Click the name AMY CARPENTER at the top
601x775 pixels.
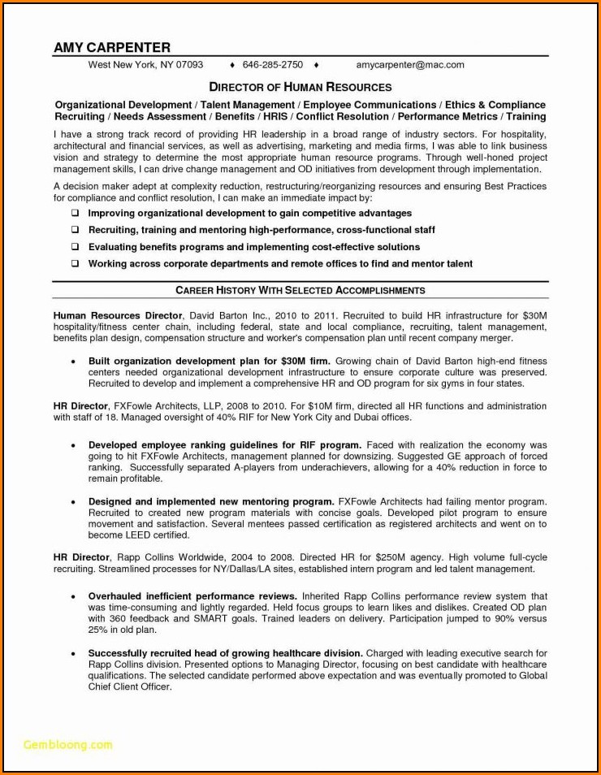(x=112, y=47)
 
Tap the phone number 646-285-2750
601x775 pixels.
(x=272, y=64)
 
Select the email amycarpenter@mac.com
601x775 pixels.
(x=409, y=64)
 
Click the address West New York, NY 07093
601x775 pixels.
(x=145, y=64)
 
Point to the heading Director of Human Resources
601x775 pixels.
(x=300, y=87)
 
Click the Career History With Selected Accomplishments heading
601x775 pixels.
(x=300, y=290)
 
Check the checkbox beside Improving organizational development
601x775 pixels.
(x=75, y=213)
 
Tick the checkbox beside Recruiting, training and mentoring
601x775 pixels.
(x=75, y=230)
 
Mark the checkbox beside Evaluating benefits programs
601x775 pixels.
(x=75, y=247)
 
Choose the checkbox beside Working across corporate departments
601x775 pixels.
(x=75, y=264)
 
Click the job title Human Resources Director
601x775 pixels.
(x=119, y=314)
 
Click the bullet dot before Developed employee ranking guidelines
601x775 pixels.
(x=73, y=446)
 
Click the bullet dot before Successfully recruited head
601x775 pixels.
(x=73, y=654)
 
